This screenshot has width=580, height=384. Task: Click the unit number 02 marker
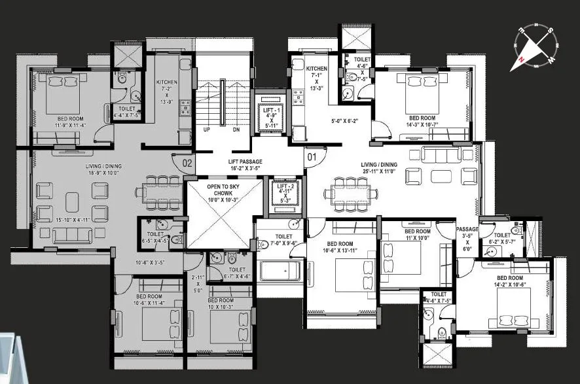pos(187,162)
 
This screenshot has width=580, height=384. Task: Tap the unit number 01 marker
pos(312,157)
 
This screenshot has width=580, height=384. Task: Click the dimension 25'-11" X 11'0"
pos(380,171)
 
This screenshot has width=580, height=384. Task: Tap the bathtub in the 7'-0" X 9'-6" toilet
pos(281,270)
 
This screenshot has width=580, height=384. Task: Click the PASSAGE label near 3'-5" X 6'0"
pos(467,230)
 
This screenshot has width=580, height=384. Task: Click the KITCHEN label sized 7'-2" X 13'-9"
pos(166,82)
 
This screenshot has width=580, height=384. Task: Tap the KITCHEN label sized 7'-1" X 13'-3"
pos(316,69)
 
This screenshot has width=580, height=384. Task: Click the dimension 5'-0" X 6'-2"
pos(345,120)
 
